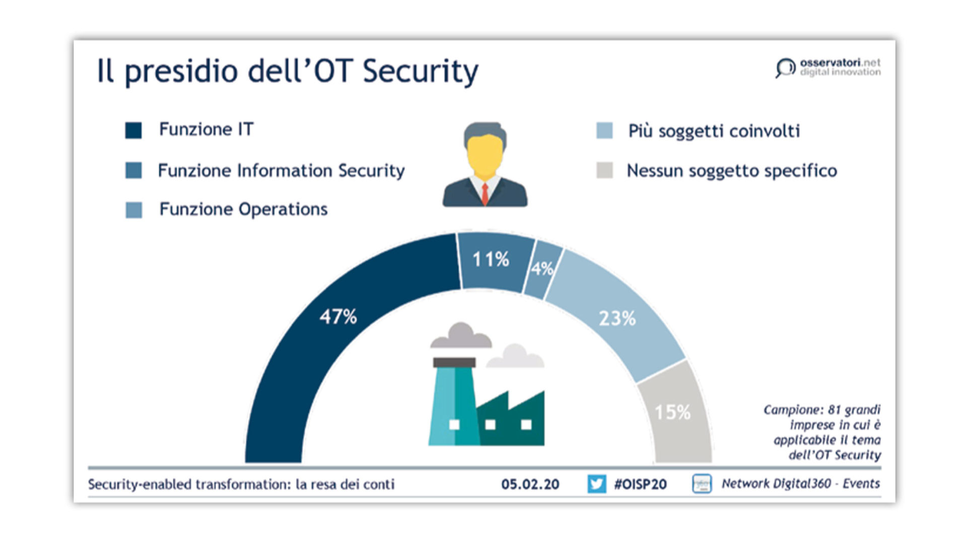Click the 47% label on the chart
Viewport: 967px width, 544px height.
[x=338, y=317]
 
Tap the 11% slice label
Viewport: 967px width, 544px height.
[x=491, y=259]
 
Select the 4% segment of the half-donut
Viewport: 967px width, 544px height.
[x=543, y=269]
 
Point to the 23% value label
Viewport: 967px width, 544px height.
[x=617, y=318]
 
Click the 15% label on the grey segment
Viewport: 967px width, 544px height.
[x=672, y=413]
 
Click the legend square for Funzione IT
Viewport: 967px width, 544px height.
[x=133, y=130]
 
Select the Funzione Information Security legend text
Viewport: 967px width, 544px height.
[x=281, y=171]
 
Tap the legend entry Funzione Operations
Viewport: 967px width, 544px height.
[x=243, y=209]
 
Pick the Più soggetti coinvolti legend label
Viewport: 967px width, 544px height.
[x=714, y=131]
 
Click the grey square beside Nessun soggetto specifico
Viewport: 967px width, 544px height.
[x=604, y=170]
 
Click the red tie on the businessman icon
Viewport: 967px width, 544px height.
[x=485, y=194]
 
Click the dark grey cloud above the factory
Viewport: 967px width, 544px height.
[x=460, y=335]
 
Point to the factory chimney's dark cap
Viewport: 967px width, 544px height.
[x=454, y=362]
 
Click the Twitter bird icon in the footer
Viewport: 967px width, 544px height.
[x=597, y=484]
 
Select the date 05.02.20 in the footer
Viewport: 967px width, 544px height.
[x=530, y=485]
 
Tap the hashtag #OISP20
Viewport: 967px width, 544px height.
[x=640, y=485]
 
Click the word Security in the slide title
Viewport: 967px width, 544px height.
[x=421, y=72]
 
